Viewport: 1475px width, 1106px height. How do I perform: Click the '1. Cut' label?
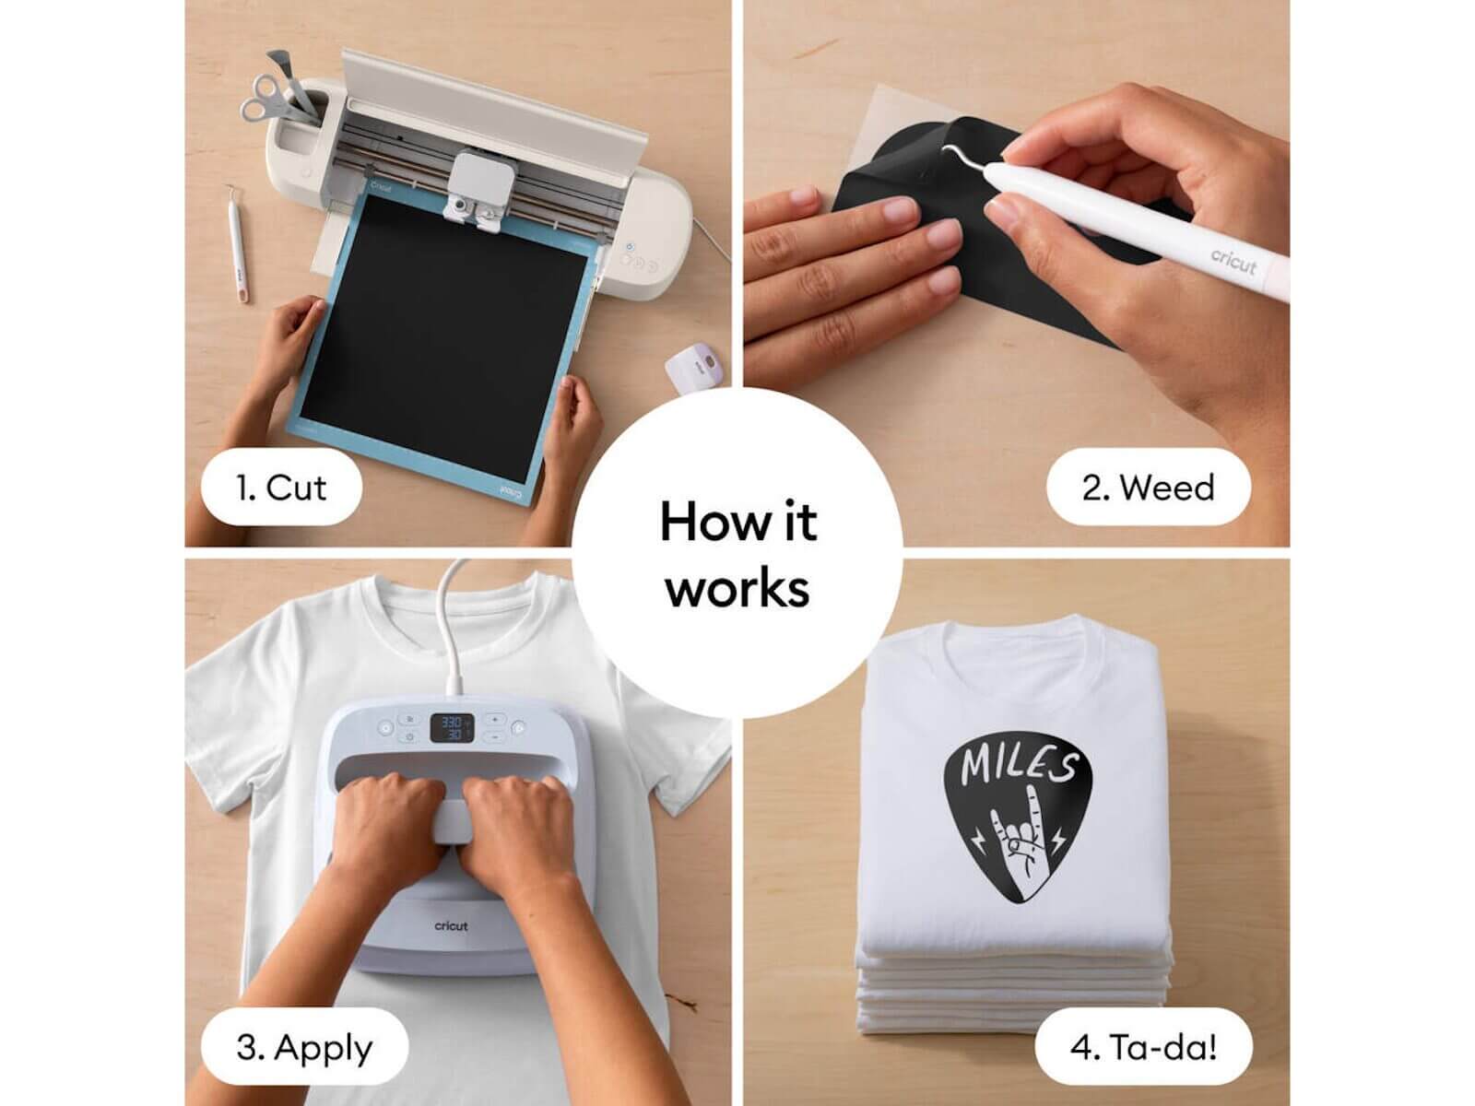click(x=281, y=488)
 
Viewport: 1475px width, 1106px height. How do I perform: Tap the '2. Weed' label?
click(x=1148, y=488)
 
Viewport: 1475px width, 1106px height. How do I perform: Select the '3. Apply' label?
click(x=304, y=1048)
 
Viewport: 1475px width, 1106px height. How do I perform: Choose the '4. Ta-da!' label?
click(x=1143, y=1047)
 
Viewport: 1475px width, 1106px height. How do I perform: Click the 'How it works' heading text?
click(x=737, y=554)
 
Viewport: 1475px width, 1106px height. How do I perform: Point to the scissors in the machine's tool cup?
click(x=265, y=98)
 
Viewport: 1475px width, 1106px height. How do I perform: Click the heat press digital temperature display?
click(x=452, y=728)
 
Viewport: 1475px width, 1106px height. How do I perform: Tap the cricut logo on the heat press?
click(x=451, y=926)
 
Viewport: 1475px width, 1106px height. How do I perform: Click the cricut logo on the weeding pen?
click(x=1233, y=261)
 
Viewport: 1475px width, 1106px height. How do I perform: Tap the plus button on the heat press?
click(x=494, y=719)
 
